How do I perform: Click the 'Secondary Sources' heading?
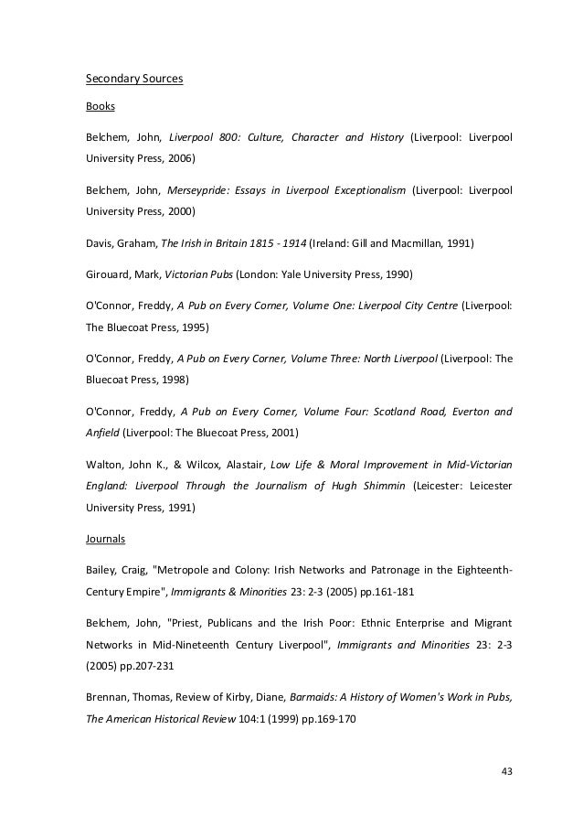[134, 79]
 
